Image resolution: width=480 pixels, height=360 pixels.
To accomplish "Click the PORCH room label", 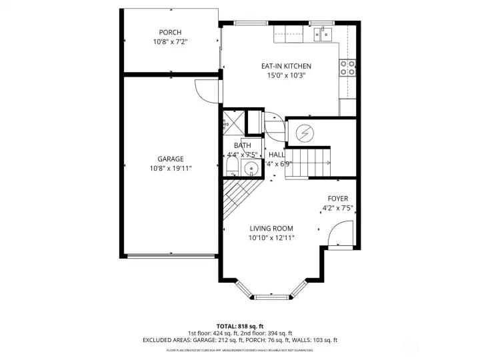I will [170, 33].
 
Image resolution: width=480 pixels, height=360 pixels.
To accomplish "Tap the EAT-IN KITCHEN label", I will [286, 66].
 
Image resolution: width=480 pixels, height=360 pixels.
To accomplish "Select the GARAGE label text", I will [171, 159].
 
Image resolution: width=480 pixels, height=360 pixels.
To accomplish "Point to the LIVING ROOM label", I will [271, 229].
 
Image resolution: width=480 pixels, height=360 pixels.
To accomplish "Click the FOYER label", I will [337, 199].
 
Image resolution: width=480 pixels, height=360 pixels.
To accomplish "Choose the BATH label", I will [242, 145].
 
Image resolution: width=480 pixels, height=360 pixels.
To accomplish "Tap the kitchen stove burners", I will [347, 66].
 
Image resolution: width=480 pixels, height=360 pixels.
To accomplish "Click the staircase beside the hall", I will [308, 163].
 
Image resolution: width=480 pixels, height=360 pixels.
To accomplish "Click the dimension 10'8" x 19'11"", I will [171, 169].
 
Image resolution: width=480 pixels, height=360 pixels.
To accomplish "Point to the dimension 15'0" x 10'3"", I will [286, 75].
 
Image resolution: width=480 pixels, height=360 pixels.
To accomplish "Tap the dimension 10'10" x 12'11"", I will [271, 238].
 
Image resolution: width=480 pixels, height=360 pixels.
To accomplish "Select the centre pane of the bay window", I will [271, 294].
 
